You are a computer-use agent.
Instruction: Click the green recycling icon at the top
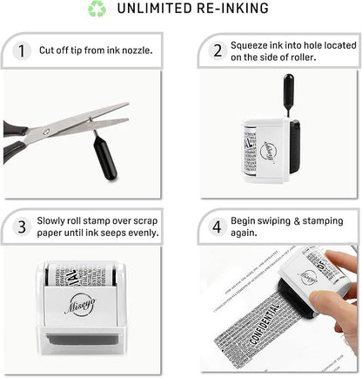tap(96, 9)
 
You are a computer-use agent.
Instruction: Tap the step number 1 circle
tap(20, 50)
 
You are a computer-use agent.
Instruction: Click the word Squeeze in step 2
tap(251, 44)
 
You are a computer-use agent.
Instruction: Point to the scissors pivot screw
tap(45, 132)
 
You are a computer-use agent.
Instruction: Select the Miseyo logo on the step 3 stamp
tap(80, 306)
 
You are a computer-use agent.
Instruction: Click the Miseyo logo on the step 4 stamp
tap(308, 277)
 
